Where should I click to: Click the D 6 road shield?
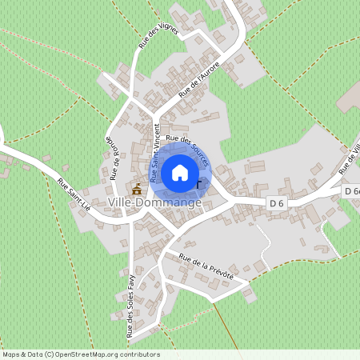click(x=277, y=203)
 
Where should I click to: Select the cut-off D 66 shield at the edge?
click(x=352, y=191)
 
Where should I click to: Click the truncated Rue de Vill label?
click(x=350, y=156)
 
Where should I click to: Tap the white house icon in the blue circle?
click(x=180, y=172)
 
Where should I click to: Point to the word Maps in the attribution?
click(x=10, y=354)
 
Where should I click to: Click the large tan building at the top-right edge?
click(x=349, y=97)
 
